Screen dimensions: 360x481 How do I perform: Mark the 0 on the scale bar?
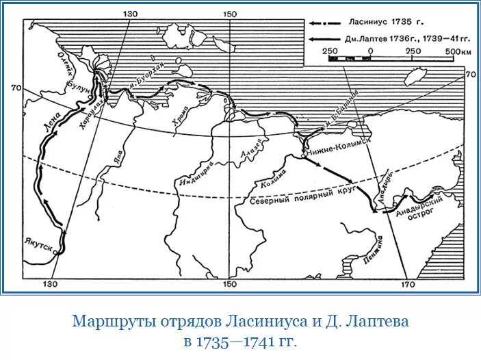[x=370, y=51]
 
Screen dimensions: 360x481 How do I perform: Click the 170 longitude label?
[x=408, y=283]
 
